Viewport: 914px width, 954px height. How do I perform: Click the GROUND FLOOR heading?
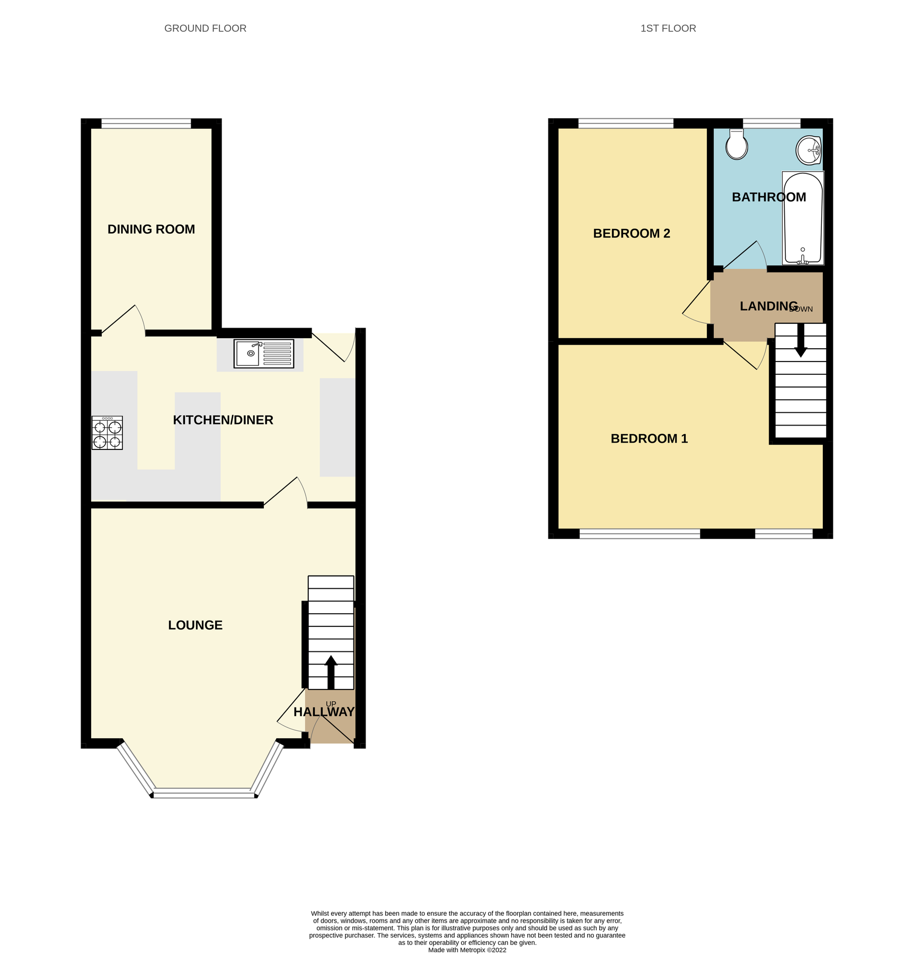(x=205, y=29)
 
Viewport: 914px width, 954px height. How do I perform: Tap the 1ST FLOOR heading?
(x=668, y=29)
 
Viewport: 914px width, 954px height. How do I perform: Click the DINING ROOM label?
(x=151, y=229)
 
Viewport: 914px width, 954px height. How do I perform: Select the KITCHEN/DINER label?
(x=223, y=420)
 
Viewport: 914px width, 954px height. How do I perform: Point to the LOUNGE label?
(x=195, y=625)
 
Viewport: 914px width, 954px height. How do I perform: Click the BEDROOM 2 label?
(x=631, y=234)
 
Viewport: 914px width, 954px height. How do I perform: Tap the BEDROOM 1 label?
(x=649, y=439)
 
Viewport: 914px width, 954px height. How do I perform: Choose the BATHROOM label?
(x=768, y=198)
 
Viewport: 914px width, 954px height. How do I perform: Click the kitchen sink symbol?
(x=263, y=354)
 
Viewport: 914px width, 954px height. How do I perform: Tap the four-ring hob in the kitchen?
(x=107, y=433)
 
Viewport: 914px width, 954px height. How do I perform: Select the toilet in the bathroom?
(x=736, y=144)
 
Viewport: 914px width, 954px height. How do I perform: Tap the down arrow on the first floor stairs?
(x=801, y=340)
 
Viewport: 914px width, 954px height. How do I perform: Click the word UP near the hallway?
(x=331, y=704)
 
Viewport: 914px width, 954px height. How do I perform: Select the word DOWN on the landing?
(x=801, y=310)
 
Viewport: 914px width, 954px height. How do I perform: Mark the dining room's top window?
(x=146, y=124)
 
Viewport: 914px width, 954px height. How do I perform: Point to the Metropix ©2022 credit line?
(x=467, y=950)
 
